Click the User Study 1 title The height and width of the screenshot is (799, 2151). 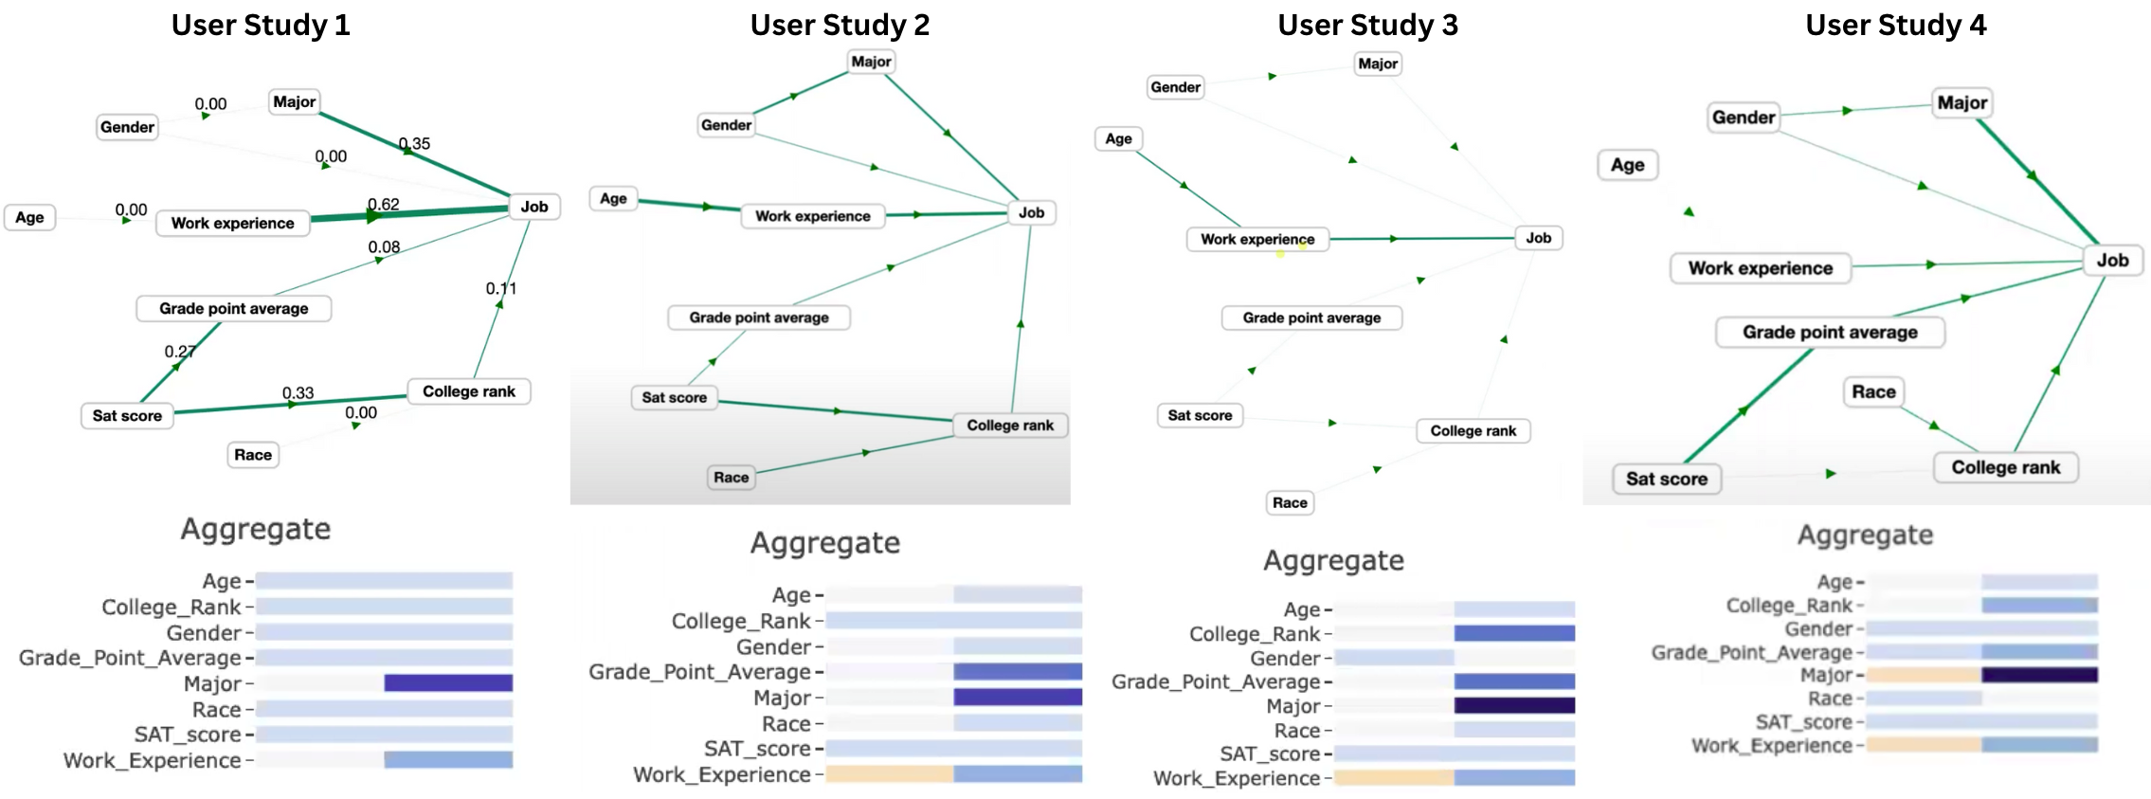[261, 25]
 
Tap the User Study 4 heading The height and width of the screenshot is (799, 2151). [1895, 25]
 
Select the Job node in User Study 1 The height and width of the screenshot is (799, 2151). [534, 207]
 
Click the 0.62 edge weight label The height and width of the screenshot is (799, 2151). [384, 204]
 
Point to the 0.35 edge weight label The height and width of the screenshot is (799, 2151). [415, 143]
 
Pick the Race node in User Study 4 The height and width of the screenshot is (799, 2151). [1873, 391]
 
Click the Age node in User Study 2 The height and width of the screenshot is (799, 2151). [613, 198]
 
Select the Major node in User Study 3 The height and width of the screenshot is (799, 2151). [1377, 64]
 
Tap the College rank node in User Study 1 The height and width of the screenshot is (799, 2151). [469, 391]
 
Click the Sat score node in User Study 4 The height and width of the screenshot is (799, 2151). [1667, 479]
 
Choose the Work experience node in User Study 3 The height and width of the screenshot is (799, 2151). [1257, 239]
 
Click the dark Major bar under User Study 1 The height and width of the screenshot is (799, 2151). [448, 682]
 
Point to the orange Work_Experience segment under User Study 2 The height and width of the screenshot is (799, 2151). [889, 774]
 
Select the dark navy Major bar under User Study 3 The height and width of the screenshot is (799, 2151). [1514, 705]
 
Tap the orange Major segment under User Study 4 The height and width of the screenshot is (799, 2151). [1924, 675]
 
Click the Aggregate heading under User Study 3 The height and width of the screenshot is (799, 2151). [1333, 560]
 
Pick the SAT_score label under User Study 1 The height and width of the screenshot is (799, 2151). [188, 735]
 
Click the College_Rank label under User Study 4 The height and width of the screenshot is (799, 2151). [1789, 605]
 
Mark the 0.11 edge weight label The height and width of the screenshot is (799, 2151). [501, 288]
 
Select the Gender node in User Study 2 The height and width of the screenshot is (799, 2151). [726, 125]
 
